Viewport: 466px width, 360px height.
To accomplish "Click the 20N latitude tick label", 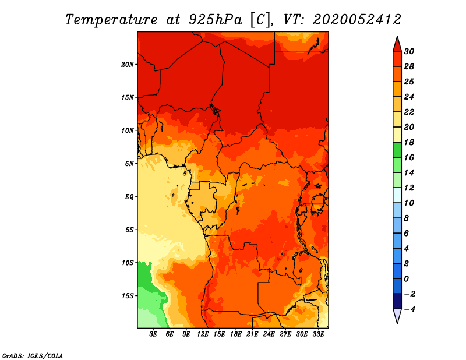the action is pos(128,65).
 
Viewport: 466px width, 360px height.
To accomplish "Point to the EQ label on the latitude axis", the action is pos(129,197).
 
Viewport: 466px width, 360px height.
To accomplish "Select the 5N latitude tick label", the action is pos(129,164).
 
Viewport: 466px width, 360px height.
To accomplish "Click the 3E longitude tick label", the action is pos(153,334).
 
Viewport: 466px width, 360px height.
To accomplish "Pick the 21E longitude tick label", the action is pos(252,334).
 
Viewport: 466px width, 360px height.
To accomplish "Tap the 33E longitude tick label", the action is pos(318,334).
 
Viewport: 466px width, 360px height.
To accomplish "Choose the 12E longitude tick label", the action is pos(203,334).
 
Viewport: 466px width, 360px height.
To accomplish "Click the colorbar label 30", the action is pos(409,52).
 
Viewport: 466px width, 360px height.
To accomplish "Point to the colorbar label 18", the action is pos(409,143).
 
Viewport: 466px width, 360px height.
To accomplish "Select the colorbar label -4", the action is pos(409,309).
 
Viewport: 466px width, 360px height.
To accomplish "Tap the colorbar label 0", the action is pos(407,279).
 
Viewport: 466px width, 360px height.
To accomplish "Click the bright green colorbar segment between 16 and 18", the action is pos(397,150).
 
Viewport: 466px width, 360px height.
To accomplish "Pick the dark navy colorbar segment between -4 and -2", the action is pos(397,301).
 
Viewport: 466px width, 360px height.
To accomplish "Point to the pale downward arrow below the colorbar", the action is pos(397,316).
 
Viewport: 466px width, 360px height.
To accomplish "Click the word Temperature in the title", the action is pos(111,20).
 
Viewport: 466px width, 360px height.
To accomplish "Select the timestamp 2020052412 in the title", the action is pos(357,20).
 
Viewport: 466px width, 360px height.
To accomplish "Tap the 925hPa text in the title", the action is pos(215,20).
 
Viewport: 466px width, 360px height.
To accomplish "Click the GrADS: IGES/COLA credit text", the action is pos(33,356).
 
